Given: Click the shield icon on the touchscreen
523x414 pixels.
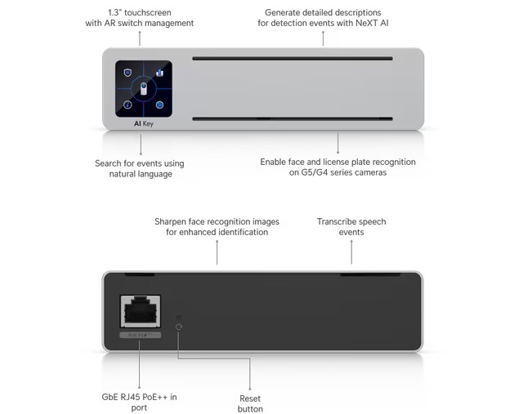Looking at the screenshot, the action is pos(127,73).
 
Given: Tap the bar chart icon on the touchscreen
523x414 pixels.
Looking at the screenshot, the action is pos(160,73).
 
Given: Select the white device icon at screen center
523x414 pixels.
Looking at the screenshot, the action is pos(144,89).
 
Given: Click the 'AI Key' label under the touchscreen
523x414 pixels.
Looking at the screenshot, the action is pos(144,123).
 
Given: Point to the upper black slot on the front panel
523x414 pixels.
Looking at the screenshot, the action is pos(293,59).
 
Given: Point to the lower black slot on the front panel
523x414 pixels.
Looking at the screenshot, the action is pos(293,118).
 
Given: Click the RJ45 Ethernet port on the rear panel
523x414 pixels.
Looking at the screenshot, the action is pos(141,311).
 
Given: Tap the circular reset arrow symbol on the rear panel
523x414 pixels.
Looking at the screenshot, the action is pos(179,327).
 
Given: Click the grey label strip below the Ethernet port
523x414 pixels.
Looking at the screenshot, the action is pos(141,335).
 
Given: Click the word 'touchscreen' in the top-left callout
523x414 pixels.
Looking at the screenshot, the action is pos(148,13).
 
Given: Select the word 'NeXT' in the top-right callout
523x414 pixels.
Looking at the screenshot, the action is pos(367,23).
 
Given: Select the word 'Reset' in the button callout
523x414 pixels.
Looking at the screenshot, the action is pos(250,398).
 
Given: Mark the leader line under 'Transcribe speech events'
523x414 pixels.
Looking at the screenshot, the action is pos(351,252).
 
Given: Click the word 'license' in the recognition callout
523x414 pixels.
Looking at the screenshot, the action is pos(336,162).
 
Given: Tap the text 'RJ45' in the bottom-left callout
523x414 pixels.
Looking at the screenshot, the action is pos(131,397).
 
